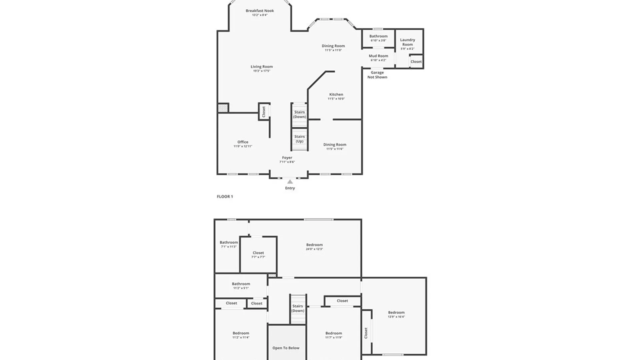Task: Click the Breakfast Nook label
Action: click(260, 11)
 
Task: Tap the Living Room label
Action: click(262, 67)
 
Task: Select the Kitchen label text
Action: click(336, 94)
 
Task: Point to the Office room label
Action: click(243, 142)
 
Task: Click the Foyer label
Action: click(287, 158)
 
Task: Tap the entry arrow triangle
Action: click(290, 182)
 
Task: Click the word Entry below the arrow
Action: click(290, 188)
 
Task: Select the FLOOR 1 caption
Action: click(225, 197)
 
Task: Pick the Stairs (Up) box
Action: click(299, 139)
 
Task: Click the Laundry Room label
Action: click(407, 42)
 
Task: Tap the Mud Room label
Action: click(378, 56)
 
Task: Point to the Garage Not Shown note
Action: click(377, 75)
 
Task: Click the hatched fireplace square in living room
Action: click(223, 108)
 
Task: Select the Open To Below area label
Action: click(286, 348)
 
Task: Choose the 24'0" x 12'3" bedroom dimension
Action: click(314, 249)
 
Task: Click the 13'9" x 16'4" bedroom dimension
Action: click(396, 317)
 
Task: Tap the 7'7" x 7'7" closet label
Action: click(258, 257)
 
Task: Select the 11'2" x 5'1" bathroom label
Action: click(241, 288)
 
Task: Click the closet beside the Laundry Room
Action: click(416, 62)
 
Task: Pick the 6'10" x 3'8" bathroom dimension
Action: click(378, 41)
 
